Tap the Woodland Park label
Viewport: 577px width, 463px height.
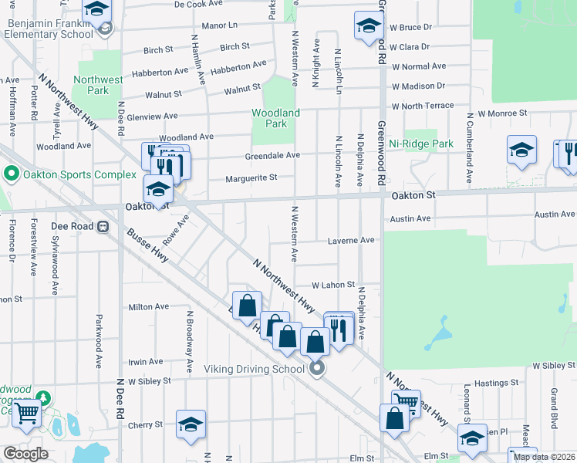click(x=275, y=118)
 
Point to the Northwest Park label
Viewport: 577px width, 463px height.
click(x=98, y=85)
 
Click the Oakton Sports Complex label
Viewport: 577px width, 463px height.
click(x=71, y=174)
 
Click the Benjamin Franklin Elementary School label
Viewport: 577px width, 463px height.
click(x=50, y=29)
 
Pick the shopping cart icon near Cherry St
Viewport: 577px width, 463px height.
click(x=27, y=413)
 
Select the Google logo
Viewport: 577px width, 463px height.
click(x=25, y=454)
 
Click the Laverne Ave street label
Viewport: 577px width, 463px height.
click(x=351, y=240)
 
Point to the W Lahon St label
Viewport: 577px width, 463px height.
click(x=332, y=285)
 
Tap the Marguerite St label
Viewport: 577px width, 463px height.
click(x=251, y=178)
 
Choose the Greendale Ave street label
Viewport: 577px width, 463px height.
click(x=272, y=155)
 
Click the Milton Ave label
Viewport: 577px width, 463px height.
click(x=149, y=306)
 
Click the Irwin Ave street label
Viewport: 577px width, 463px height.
click(x=146, y=361)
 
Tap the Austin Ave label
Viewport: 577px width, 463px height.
click(x=410, y=218)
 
